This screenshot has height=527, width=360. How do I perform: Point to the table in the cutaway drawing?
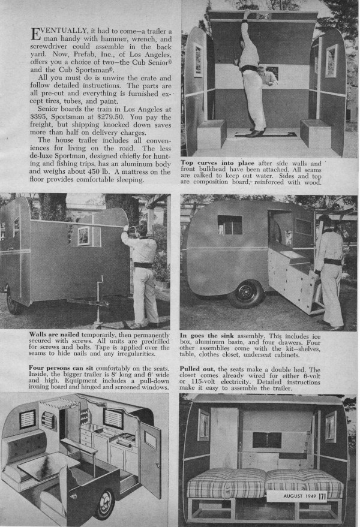point(48,466)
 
